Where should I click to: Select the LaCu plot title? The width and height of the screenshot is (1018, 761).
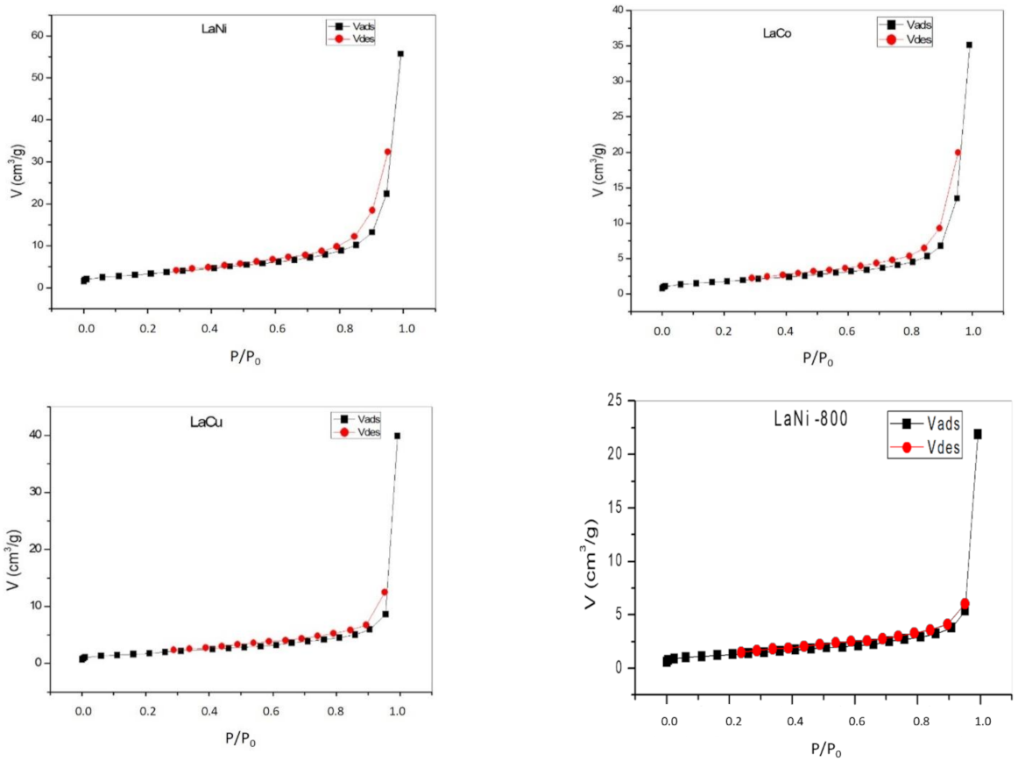tap(207, 422)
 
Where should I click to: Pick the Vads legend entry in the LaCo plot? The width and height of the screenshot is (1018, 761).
tap(904, 25)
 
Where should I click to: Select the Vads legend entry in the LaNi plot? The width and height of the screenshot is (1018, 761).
tap(350, 26)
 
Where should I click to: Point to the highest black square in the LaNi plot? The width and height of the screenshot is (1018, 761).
tap(400, 53)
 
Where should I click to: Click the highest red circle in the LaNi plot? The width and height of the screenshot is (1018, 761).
tap(387, 152)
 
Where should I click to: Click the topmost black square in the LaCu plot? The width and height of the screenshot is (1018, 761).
tap(398, 436)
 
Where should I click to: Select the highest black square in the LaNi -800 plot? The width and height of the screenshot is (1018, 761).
tap(978, 434)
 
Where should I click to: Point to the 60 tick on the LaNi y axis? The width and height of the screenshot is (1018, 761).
tap(37, 35)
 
